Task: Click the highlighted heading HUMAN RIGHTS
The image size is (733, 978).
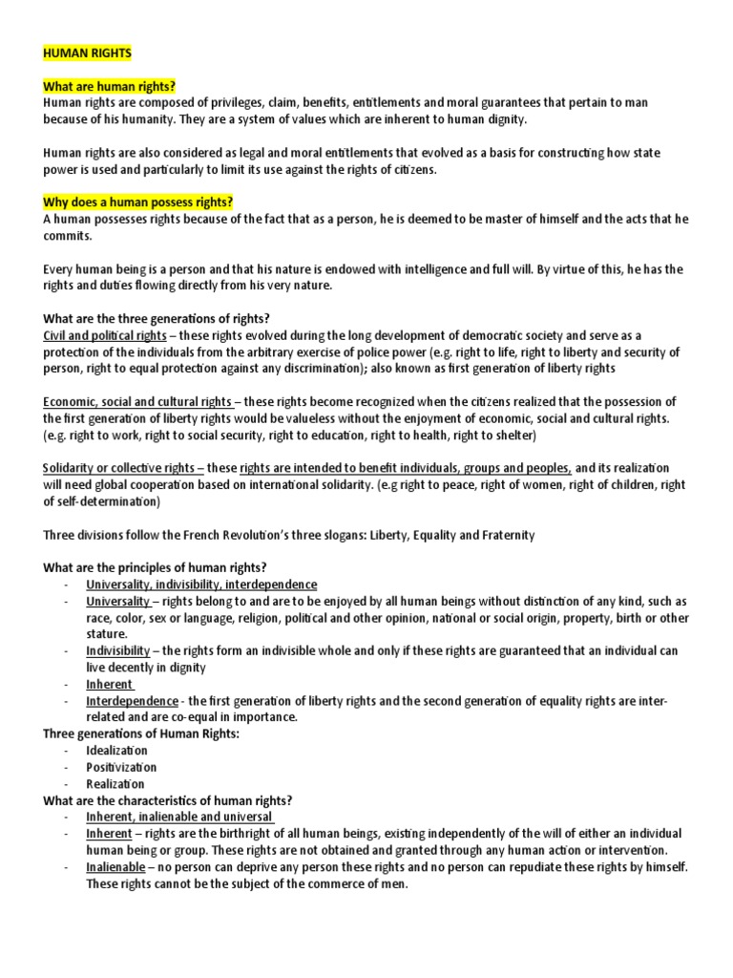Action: pos(87,54)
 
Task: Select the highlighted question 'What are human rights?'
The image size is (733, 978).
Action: pos(109,87)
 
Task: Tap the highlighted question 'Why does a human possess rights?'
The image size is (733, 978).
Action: pos(138,202)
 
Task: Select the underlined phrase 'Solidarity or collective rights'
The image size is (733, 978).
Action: pos(123,468)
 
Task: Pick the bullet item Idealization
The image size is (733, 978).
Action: pos(116,751)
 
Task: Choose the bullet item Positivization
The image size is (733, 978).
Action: pos(121,767)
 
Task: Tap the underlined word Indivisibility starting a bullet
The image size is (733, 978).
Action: pos(118,650)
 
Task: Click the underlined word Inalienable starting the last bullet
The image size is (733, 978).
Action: pos(115,867)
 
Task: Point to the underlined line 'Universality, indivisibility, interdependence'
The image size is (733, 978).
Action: pos(201,585)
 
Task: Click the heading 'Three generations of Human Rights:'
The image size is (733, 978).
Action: pos(141,733)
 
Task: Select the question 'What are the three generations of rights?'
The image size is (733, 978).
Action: pos(163,319)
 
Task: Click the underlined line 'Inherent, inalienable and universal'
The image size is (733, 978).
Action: pos(180,817)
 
